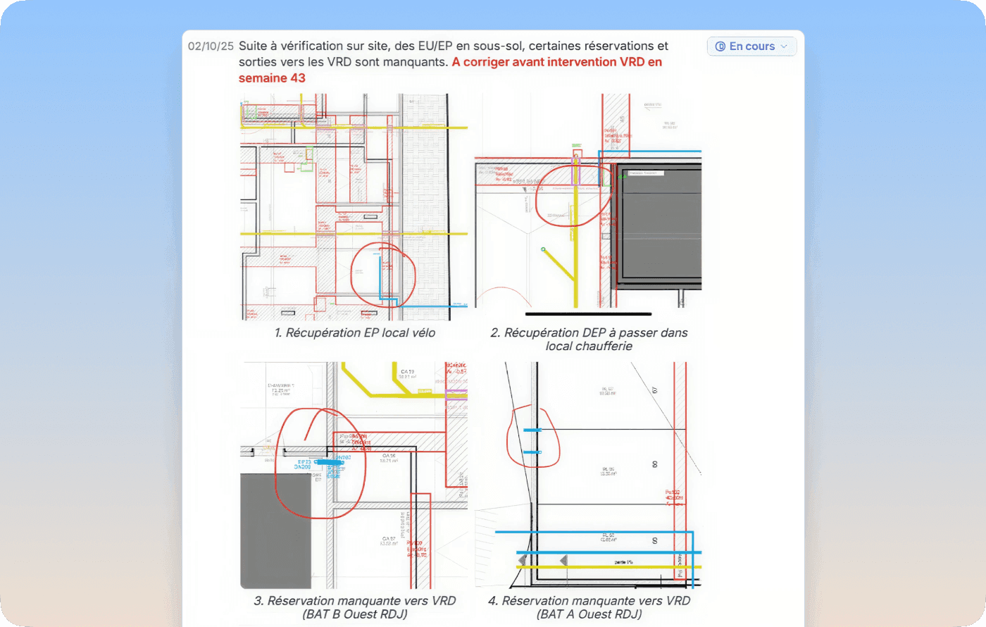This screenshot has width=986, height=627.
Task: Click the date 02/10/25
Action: pos(211,46)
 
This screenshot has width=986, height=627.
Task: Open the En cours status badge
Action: pos(751,46)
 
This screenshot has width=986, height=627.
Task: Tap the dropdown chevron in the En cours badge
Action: pos(784,46)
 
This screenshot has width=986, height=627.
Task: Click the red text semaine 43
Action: pos(272,78)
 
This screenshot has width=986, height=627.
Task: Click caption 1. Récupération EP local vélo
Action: pos(355,333)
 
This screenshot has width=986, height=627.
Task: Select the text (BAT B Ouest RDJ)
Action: pos(355,614)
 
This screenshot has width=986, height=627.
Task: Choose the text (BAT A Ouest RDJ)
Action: pos(589,614)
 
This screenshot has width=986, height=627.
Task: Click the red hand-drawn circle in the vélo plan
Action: pos(382,275)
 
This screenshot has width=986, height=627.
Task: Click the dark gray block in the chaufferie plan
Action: pos(659,225)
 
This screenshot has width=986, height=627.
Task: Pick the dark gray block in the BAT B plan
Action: pos(275,530)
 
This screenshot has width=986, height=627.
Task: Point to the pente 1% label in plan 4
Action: pos(623,562)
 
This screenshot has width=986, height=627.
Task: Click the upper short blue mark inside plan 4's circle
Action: pos(532,430)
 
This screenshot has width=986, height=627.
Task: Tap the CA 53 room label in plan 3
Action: pos(407,372)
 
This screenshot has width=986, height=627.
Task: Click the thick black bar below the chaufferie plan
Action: pos(588,314)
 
